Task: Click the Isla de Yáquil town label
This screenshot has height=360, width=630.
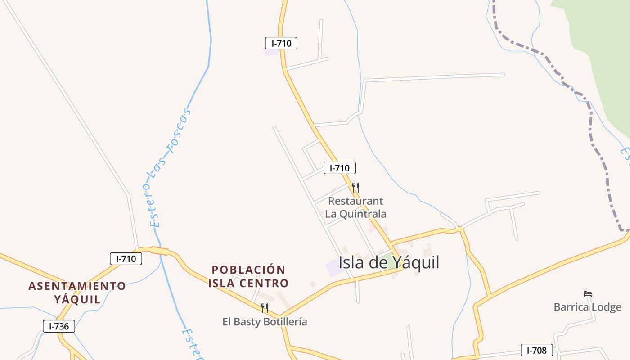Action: [x=389, y=262]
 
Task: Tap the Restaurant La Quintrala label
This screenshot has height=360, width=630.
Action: [x=355, y=207]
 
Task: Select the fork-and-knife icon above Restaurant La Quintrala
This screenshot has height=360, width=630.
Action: [x=355, y=187]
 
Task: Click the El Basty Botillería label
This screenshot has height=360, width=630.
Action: [x=265, y=322]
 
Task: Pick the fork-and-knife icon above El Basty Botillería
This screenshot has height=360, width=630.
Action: [x=265, y=308]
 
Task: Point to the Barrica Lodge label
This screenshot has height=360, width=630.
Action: [x=587, y=307]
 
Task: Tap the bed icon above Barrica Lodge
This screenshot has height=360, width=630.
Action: [x=587, y=294]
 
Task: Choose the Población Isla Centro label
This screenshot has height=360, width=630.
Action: [x=248, y=276]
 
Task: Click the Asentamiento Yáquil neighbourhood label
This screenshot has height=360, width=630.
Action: [x=77, y=292]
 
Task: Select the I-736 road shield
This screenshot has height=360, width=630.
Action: [x=59, y=326]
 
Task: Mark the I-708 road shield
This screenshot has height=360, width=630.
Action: [x=537, y=350]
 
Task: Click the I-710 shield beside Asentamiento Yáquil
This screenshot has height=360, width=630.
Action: [x=126, y=259]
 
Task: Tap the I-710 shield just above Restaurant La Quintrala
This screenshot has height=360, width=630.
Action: [x=340, y=168]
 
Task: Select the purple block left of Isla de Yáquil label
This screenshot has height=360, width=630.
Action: [x=333, y=267]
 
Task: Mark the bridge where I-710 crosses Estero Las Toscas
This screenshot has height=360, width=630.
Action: [x=159, y=251]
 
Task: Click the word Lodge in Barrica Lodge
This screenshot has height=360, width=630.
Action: [x=607, y=307]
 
